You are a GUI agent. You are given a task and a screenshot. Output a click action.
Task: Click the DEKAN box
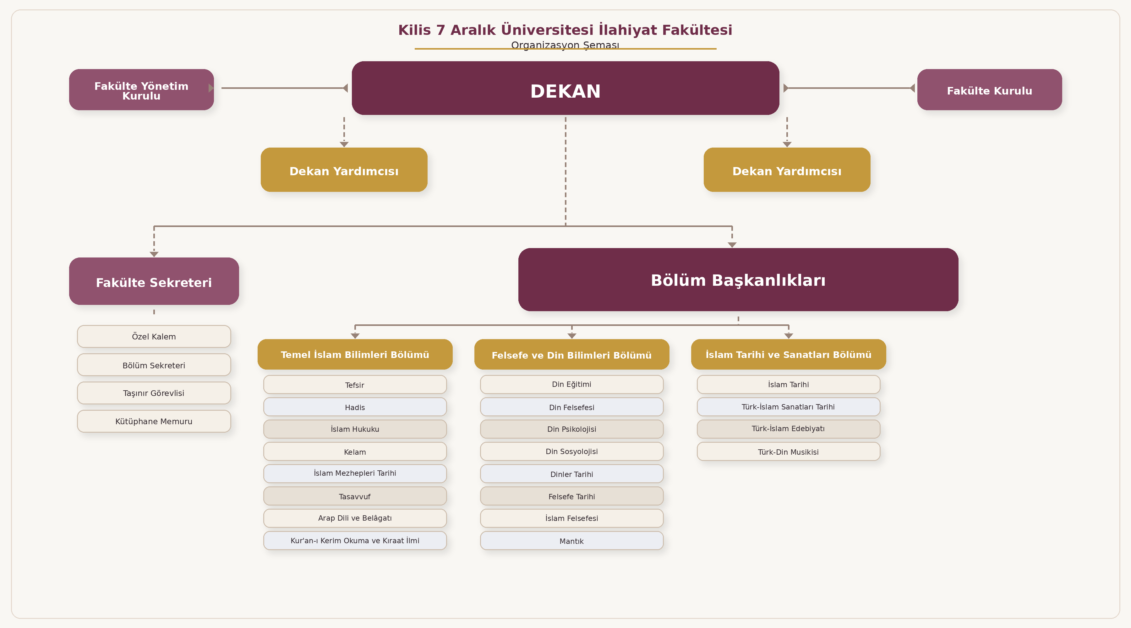click(x=565, y=88)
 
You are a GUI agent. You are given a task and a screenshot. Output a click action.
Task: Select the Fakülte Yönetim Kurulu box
click(x=141, y=89)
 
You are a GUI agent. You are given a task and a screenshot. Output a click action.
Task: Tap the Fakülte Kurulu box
click(x=989, y=89)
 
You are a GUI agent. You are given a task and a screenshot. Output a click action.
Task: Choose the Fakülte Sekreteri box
click(x=154, y=281)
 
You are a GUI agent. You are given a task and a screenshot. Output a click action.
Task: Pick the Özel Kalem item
click(x=154, y=337)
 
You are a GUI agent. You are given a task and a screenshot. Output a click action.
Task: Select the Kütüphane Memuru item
click(x=154, y=421)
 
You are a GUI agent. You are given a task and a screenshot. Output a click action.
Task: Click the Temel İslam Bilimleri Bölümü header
click(x=355, y=354)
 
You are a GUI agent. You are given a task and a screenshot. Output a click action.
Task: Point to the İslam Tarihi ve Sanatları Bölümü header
click(x=788, y=354)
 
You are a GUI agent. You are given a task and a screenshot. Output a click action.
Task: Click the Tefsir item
click(x=355, y=385)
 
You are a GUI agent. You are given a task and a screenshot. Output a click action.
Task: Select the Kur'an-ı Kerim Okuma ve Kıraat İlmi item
click(x=355, y=541)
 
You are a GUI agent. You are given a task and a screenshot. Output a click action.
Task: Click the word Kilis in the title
click(x=414, y=30)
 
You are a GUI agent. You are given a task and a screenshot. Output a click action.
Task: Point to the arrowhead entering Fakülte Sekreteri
click(x=154, y=254)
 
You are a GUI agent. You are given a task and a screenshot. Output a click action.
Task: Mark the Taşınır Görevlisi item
click(x=154, y=393)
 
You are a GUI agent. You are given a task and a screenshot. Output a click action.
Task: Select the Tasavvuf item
click(x=355, y=496)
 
